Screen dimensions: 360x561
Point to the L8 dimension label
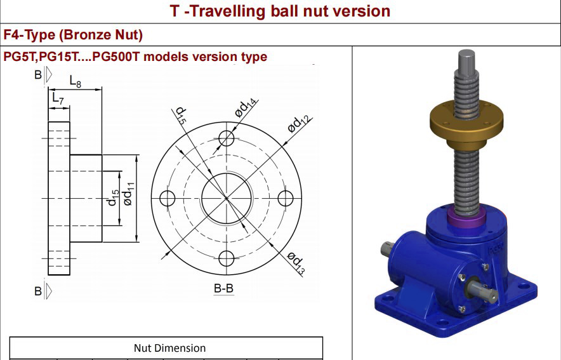76,82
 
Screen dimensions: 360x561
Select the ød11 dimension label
129,194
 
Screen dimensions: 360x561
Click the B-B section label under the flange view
223,288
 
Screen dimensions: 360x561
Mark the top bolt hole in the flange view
227,138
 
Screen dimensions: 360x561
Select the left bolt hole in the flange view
167,198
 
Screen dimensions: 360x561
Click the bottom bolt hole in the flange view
227,258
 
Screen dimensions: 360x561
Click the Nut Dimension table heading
169,348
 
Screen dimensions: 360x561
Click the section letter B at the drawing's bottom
38,291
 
